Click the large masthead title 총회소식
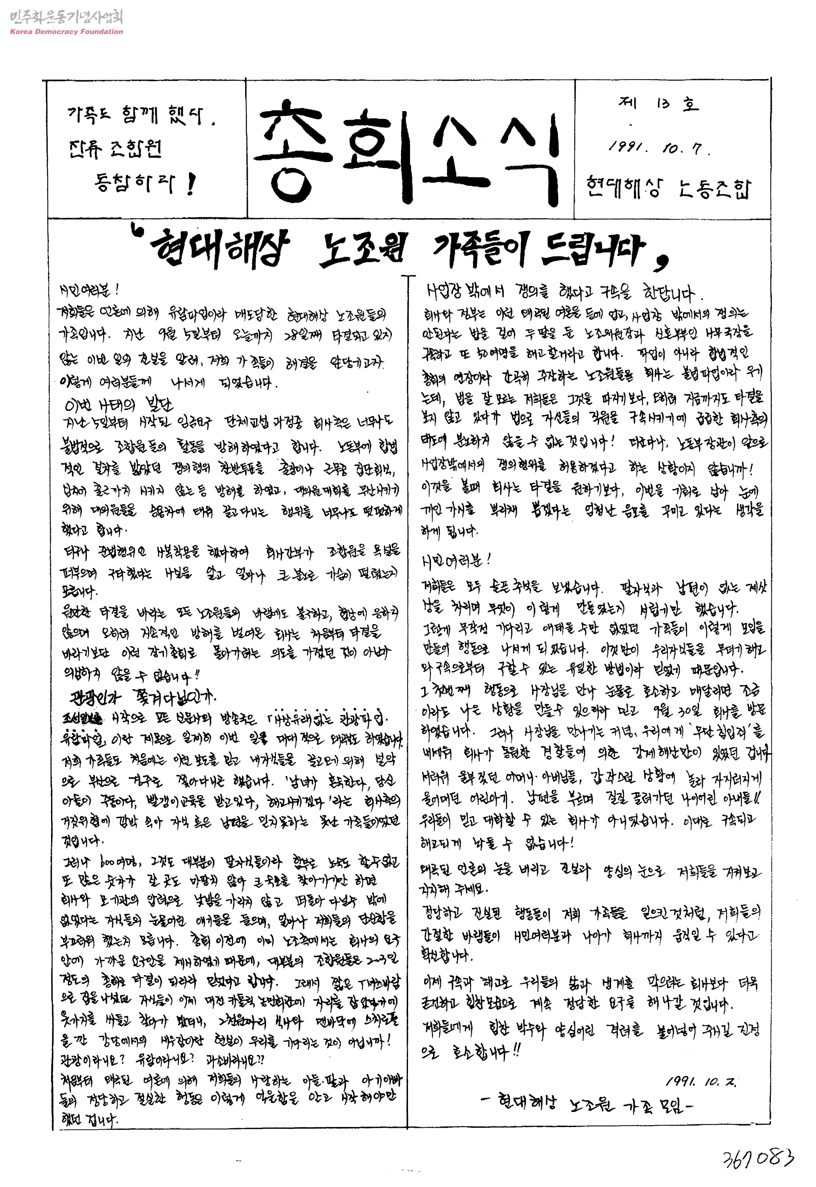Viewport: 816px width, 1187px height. (406, 148)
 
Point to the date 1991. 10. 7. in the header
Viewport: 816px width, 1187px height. (659, 148)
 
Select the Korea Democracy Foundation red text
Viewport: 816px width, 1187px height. (66, 31)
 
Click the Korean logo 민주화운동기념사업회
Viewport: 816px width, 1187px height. (66, 17)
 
